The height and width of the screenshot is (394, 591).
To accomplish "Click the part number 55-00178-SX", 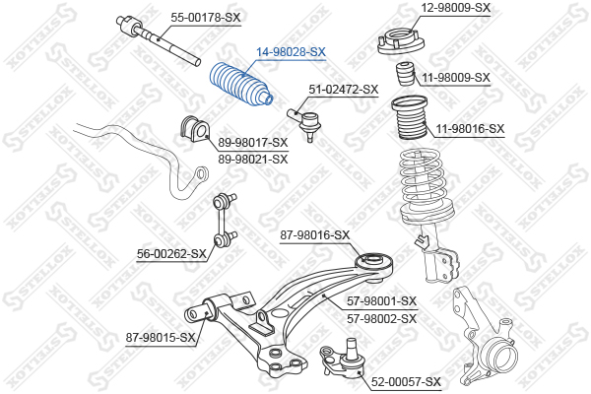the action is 206,18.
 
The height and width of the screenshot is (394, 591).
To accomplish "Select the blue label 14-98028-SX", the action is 291,52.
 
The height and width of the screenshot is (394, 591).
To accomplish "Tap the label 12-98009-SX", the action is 455,7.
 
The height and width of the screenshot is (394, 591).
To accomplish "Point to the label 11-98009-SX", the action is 456,77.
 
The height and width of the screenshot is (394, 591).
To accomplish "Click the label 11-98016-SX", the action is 470,129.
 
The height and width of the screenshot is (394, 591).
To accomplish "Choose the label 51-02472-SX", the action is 344,90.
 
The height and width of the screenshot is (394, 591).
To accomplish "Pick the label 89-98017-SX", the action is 253,143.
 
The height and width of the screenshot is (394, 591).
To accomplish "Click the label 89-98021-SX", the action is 253,160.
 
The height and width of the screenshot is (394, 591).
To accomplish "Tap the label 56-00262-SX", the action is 171,254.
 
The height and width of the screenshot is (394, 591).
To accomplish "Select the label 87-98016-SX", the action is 315,235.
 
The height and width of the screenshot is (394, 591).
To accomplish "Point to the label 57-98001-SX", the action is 382,301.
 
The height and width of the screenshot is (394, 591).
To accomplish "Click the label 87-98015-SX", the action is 161,338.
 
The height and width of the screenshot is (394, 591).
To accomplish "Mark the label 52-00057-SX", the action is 406,382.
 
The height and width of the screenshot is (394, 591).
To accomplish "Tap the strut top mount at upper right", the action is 401,41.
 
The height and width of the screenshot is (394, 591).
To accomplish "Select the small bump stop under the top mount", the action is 405,73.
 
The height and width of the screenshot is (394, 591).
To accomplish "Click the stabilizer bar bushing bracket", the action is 194,129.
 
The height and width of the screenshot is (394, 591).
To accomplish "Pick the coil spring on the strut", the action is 426,187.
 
